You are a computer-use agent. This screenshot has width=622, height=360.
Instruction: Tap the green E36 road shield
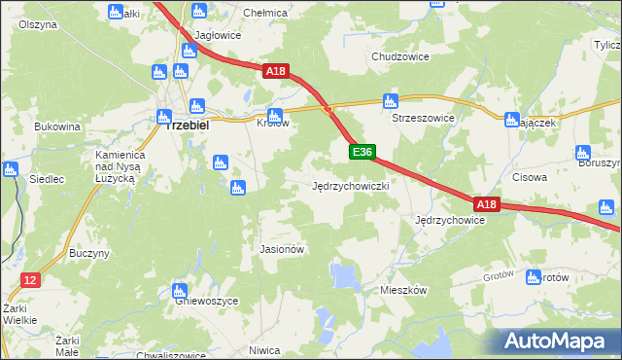(362, 152)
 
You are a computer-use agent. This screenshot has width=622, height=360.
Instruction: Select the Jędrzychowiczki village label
(351, 185)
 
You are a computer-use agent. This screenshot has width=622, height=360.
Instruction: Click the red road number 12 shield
(29, 280)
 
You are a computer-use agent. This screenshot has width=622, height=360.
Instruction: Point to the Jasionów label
(283, 249)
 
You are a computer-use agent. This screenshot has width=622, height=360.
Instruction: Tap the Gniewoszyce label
(206, 302)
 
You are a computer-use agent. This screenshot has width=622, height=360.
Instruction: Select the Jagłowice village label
(218, 35)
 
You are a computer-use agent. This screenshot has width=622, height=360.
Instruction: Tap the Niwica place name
(264, 349)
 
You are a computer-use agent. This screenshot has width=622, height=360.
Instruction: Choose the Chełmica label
(265, 13)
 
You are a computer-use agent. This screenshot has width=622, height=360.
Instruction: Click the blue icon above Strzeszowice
(391, 100)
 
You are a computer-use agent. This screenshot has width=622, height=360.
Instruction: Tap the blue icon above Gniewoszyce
(179, 290)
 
